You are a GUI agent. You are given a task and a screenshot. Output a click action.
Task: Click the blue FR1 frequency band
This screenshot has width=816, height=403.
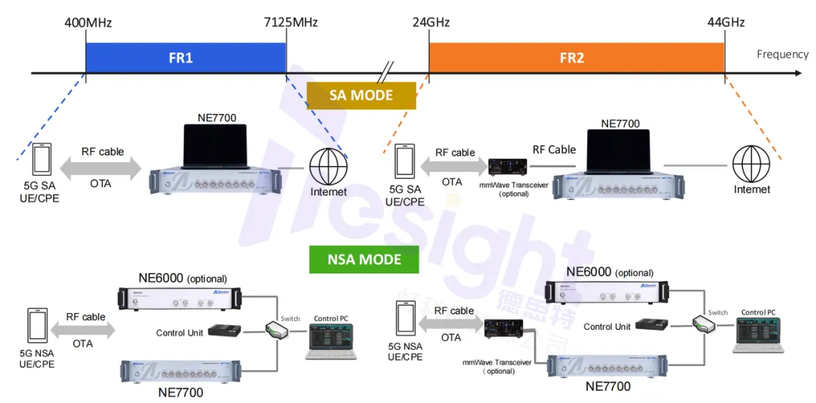(185, 57)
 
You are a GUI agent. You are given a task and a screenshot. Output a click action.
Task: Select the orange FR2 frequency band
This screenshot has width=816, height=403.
(576, 57)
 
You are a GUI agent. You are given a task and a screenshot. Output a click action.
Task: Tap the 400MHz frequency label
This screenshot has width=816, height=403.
(88, 23)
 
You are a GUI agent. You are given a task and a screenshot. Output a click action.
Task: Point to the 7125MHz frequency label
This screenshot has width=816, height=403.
(290, 23)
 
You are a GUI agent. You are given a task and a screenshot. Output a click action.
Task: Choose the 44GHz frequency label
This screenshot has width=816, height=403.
(726, 23)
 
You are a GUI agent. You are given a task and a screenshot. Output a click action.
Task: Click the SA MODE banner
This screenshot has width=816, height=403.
(361, 95)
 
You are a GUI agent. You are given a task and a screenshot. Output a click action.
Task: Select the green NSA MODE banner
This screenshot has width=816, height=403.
(365, 260)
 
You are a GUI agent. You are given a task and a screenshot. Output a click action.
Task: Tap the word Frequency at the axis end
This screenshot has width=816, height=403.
(782, 54)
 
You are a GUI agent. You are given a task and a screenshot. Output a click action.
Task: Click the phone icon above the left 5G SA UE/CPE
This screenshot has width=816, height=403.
(42, 161)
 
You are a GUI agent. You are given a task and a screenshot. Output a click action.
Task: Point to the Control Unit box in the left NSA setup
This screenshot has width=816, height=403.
(224, 331)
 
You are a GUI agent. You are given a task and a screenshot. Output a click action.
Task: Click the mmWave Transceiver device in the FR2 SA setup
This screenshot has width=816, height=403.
(508, 167)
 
